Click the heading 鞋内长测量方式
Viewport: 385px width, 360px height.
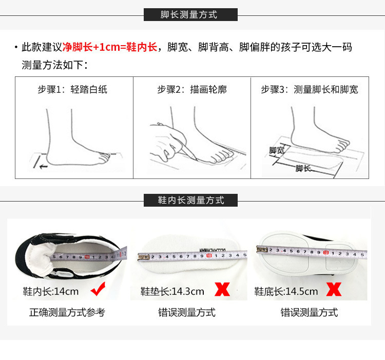click(x=190, y=200)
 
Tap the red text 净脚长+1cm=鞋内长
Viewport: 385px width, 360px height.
click(x=110, y=47)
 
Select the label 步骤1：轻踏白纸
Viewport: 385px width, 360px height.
click(x=72, y=90)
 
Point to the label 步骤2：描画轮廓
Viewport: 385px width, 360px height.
click(x=192, y=90)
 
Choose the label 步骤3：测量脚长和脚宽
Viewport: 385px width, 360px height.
click(x=310, y=90)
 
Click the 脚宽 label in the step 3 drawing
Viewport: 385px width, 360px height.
click(x=277, y=150)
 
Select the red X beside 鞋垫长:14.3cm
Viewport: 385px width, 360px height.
click(x=222, y=290)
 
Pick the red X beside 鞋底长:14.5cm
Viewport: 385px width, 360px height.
click(x=334, y=290)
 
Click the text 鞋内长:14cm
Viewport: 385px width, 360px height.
click(x=51, y=291)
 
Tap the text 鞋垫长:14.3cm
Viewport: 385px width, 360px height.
click(x=172, y=291)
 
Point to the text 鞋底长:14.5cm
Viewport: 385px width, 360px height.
click(x=286, y=291)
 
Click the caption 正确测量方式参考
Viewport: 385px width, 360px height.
click(x=67, y=312)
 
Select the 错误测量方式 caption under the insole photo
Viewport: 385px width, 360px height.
click(x=187, y=312)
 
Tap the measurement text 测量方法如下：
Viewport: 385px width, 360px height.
click(x=55, y=65)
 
